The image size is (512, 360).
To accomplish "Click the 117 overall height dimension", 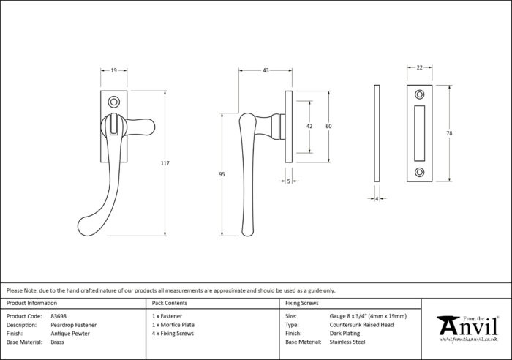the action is pos(165,163).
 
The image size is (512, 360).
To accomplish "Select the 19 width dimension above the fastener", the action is pos(113,70).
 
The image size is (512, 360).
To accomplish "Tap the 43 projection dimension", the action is pos(266,70).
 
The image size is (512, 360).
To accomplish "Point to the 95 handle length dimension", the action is pos(222,174).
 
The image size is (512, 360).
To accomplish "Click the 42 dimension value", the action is pos(309,126).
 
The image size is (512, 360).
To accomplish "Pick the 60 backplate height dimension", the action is pos(328,126).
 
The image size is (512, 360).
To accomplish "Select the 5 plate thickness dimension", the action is pos(288,181).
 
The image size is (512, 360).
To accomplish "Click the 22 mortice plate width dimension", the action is pos(420,67).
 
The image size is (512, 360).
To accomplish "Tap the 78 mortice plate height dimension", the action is pos(449,133).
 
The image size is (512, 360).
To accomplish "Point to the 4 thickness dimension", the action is pos(377,198).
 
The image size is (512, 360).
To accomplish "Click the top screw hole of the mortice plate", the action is pos(420,94).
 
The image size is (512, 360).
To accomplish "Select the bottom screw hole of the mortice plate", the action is pos(420,172).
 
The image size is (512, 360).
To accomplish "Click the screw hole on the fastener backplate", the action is pos(113,102).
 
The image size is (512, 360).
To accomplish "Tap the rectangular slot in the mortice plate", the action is pos(420,133).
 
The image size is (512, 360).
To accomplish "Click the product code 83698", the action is pos(59,316).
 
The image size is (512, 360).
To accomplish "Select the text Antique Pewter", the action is pos(70,334).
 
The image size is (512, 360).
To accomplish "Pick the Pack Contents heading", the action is pos(170,303).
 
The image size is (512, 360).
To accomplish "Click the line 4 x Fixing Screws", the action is pos(173,334).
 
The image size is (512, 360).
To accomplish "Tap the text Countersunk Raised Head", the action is pos(361,325).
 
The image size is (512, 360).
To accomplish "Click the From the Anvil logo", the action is pos(468,329).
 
